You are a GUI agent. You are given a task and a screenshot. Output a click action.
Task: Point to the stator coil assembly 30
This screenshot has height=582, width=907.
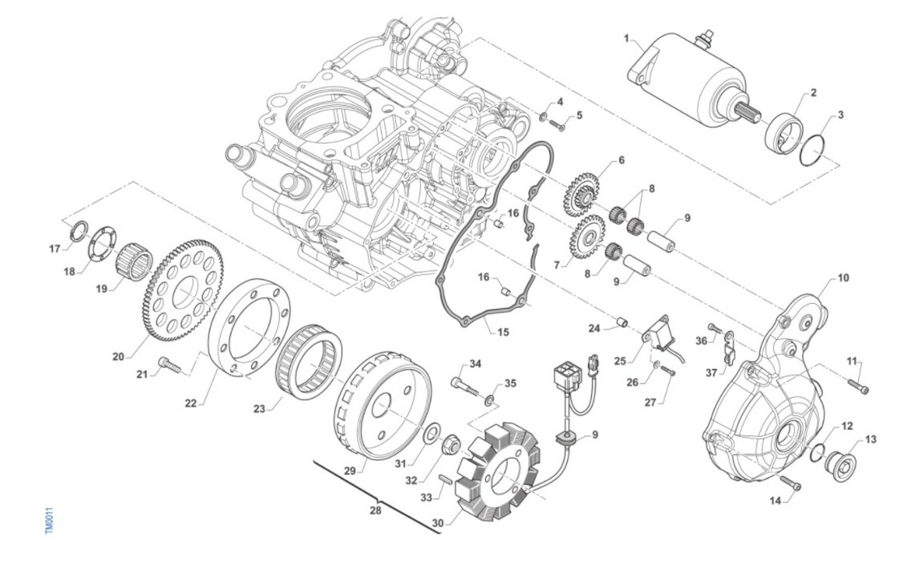[498, 473]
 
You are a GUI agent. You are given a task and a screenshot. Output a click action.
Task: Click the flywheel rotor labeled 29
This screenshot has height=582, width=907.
[382, 405]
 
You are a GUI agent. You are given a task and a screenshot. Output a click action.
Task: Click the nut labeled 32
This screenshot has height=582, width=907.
[447, 444]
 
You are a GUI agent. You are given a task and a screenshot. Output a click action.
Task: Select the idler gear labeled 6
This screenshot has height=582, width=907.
[581, 194]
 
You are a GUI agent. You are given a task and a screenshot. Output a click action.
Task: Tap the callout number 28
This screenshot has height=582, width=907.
[376, 510]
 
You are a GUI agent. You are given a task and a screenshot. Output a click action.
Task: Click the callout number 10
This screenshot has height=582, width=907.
[843, 278]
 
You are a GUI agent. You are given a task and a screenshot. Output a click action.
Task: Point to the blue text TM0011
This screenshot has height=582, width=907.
[49, 521]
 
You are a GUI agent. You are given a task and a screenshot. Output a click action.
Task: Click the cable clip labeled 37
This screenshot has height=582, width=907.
[728, 348]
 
